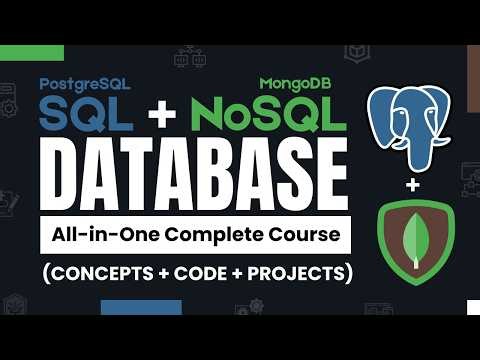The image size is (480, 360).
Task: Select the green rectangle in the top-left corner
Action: click(x=32, y=52)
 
